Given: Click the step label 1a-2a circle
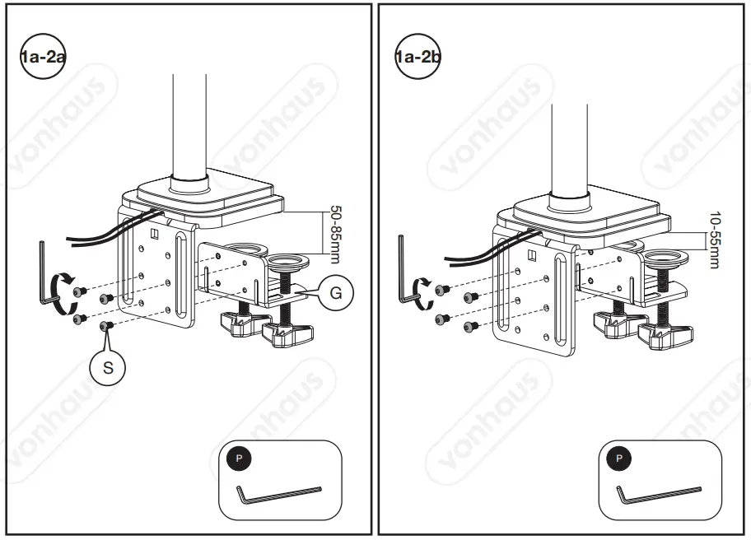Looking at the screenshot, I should [41, 58].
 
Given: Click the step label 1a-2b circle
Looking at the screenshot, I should [417, 58].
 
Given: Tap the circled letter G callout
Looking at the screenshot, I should [336, 292].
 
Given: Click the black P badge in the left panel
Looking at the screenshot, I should [240, 458].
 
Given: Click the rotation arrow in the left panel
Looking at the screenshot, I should [59, 292].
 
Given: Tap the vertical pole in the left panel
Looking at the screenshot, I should [189, 123].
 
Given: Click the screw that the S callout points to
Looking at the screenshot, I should [105, 327].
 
